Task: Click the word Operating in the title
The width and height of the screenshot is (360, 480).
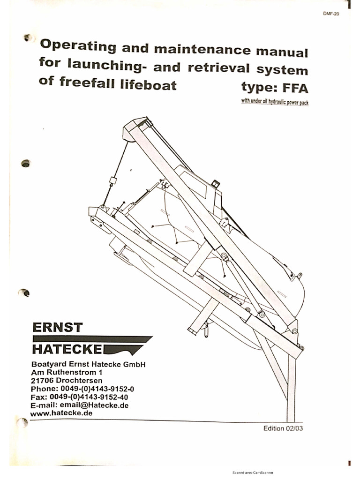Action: [78, 45]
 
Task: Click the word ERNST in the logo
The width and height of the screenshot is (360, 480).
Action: [58, 327]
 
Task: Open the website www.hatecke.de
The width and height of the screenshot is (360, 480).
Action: [61, 413]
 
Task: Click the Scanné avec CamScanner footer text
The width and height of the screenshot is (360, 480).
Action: [253, 472]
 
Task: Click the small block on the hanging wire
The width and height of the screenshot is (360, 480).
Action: [112, 181]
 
